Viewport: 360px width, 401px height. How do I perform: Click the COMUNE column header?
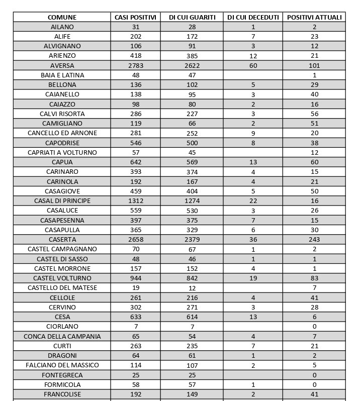(62, 18)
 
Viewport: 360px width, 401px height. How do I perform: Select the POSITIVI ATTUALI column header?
(314, 18)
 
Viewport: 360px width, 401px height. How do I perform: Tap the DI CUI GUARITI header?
(193, 18)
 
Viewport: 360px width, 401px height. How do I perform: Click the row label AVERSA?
(62, 66)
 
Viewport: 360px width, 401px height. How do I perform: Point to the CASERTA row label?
(62, 240)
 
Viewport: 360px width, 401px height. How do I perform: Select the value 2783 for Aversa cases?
(136, 66)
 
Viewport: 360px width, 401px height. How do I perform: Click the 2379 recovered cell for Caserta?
(193, 240)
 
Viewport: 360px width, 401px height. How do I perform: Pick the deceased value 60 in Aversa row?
(253, 66)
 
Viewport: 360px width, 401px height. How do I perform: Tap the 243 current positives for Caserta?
(314, 240)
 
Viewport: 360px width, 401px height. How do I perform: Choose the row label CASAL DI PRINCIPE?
(62, 201)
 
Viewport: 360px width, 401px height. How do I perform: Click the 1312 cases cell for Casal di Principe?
(136, 201)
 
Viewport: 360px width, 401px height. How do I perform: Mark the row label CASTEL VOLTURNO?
(62, 278)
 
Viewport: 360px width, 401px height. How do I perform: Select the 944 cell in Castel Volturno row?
(136, 278)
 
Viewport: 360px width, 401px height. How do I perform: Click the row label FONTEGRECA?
(62, 375)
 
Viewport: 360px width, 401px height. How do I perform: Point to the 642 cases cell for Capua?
(136, 162)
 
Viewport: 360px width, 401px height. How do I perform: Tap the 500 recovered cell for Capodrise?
(193, 143)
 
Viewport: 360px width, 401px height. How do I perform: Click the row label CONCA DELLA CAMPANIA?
(62, 336)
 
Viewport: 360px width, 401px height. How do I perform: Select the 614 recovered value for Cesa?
(193, 317)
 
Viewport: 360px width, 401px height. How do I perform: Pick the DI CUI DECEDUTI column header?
(253, 18)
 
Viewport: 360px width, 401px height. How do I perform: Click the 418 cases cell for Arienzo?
(136, 56)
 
